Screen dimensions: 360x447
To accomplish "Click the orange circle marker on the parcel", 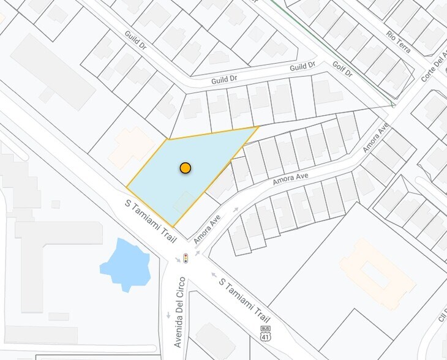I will tap(186, 168).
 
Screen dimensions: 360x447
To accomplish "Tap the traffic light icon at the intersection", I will tap(186, 258).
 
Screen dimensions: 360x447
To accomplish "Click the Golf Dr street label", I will tap(343, 69).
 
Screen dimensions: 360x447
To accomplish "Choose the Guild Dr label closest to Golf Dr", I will tap(302, 66).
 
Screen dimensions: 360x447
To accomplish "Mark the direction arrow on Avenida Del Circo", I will tap(168, 315).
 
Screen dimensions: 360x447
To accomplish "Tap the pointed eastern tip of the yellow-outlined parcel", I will tap(258, 127).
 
